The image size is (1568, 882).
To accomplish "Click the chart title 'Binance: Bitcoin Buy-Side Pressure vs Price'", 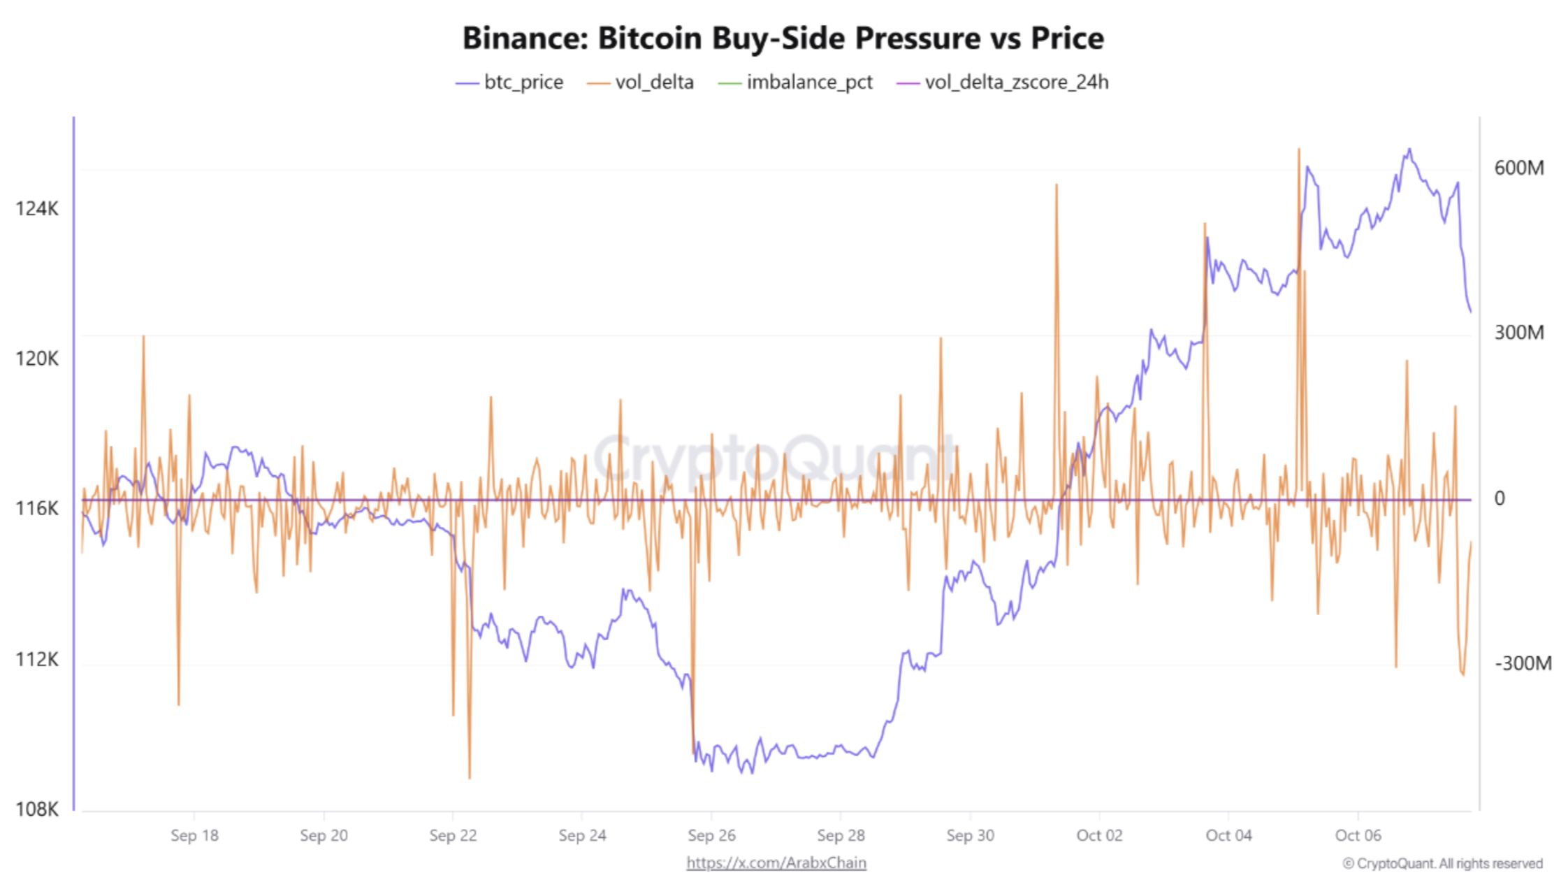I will [x=783, y=38].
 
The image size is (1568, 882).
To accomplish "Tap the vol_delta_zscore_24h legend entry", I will [x=1002, y=82].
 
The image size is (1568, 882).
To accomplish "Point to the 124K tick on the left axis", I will [x=37, y=208].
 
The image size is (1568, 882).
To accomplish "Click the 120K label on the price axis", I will [x=37, y=359].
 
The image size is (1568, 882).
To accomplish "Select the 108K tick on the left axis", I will [x=37, y=809].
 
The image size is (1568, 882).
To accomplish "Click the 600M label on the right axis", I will [x=1519, y=168].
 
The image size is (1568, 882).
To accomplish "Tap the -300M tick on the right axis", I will [x=1523, y=663].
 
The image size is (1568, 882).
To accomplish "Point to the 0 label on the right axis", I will [x=1500, y=498].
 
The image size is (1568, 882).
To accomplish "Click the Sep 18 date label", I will [x=194, y=835].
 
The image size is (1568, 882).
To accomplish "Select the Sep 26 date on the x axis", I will [x=711, y=835].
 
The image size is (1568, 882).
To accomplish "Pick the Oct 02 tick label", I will [x=1099, y=835].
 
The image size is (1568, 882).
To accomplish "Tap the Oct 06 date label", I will [x=1358, y=835].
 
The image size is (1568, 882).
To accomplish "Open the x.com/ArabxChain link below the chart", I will [x=776, y=863].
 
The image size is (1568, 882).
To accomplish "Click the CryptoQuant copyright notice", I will [x=1442, y=864].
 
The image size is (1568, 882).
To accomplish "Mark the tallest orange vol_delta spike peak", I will [x=1299, y=150].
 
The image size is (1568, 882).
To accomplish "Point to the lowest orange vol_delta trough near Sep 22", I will [x=470, y=777].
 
